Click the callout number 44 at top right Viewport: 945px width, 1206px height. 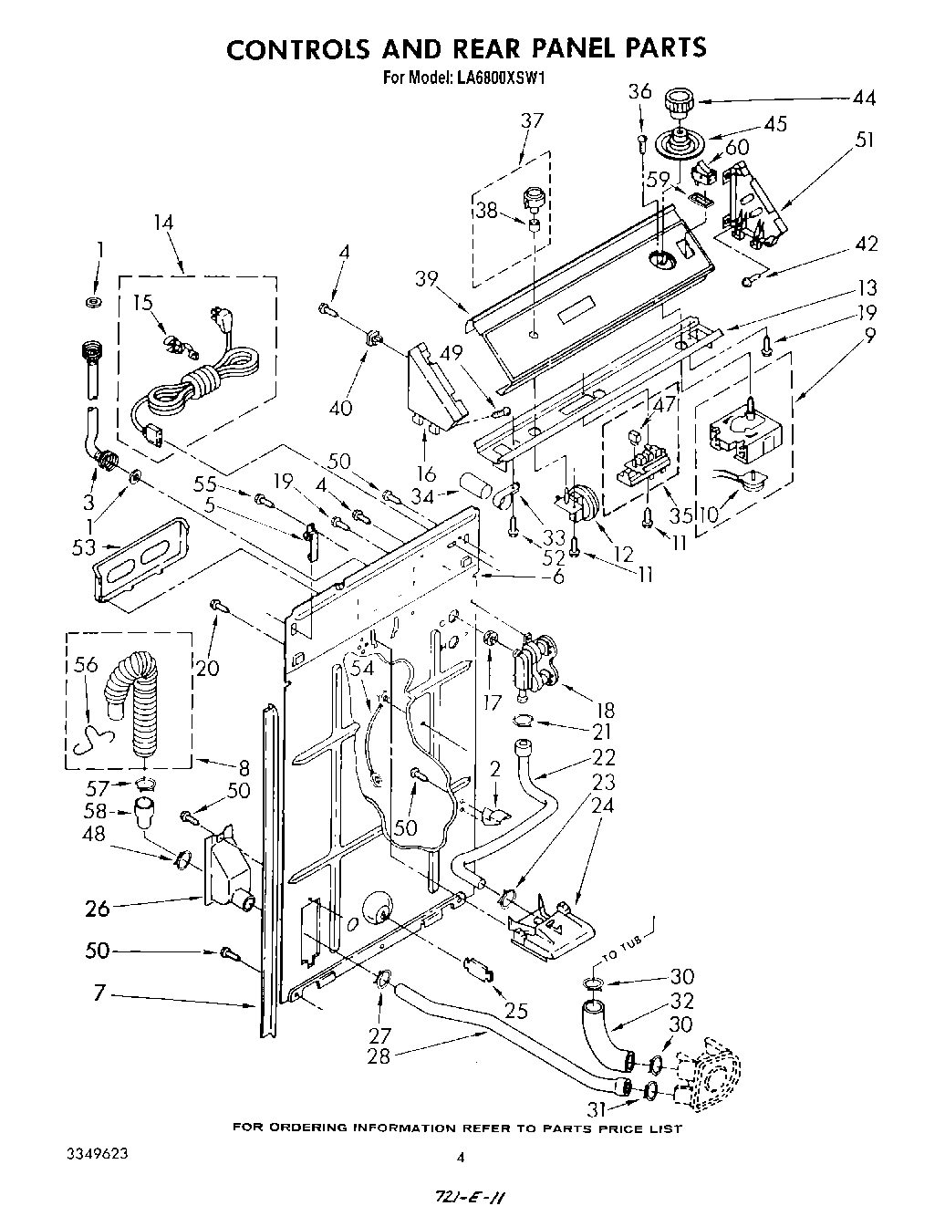point(863,99)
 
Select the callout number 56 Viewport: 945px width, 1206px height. point(85,665)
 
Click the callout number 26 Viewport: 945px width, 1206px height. point(98,908)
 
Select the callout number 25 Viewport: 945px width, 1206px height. point(516,1010)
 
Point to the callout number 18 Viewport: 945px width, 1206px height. point(604,710)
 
